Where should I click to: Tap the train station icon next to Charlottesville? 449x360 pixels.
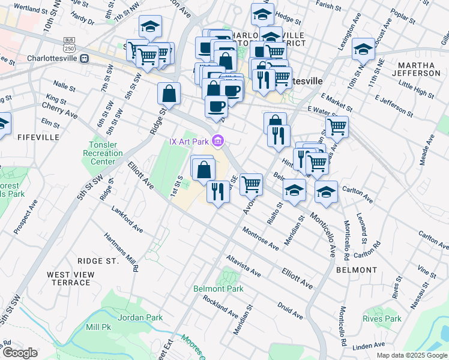(85, 59)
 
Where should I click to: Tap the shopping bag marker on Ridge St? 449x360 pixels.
(169, 94)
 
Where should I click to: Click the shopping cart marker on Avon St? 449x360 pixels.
(251, 184)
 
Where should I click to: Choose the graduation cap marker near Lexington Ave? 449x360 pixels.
(363, 49)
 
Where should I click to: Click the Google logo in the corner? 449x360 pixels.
(20, 353)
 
